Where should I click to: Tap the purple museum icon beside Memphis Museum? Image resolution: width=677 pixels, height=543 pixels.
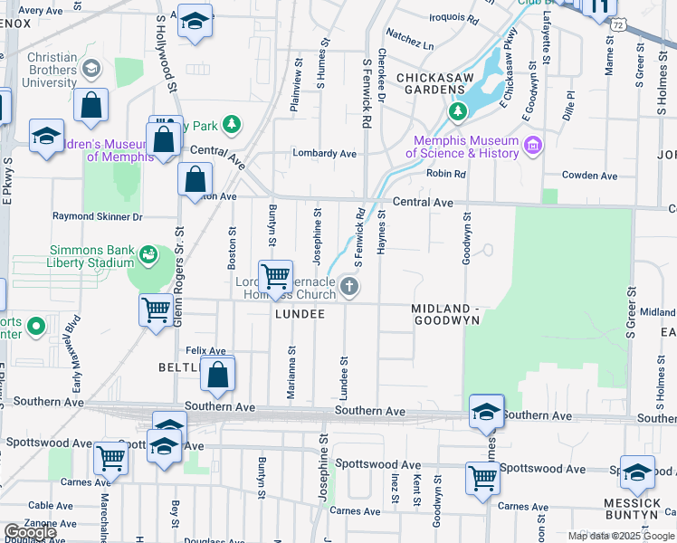532,146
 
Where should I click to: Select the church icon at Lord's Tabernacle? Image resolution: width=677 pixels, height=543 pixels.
349,288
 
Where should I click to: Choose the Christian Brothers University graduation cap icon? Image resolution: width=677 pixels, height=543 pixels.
91,69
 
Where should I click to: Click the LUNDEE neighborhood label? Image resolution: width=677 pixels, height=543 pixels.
300,314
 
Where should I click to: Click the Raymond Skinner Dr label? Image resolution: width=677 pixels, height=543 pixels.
98,217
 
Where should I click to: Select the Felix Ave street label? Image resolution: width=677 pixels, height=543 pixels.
205,350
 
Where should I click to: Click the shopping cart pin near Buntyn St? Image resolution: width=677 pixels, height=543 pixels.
275,276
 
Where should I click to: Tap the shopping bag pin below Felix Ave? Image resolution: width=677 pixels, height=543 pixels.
218,376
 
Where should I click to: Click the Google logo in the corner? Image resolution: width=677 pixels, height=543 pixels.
30,532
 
